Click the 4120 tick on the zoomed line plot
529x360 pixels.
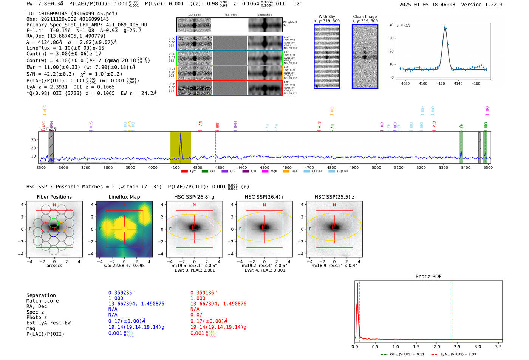pyautogui.click(x=441, y=83)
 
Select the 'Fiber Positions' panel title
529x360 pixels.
pyautogui.click(x=54, y=197)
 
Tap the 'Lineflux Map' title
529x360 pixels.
pyautogui.click(x=124, y=197)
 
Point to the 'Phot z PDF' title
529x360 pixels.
pyautogui.click(x=428, y=277)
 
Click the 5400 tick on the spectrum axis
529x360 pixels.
pyautogui.click(x=466, y=168)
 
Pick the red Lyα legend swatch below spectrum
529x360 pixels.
pyautogui.click(x=184, y=171)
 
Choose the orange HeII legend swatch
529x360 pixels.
pyautogui.click(x=286, y=171)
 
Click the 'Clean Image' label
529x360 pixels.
pyautogui.click(x=365, y=17)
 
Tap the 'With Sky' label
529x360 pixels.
pyautogui.click(x=326, y=17)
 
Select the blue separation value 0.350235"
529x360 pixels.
pyautogui.click(x=121, y=293)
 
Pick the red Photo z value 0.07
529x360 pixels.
pyautogui.click(x=196, y=315)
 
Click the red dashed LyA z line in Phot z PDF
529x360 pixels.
pyautogui.click(x=453, y=310)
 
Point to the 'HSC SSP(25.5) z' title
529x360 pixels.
pyautogui.click(x=334, y=197)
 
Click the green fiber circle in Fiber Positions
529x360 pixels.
pyautogui.click(x=54, y=222)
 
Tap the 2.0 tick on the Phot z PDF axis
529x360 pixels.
pyautogui.click(x=437, y=346)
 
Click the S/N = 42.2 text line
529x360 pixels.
pyautogui.click(x=74, y=74)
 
